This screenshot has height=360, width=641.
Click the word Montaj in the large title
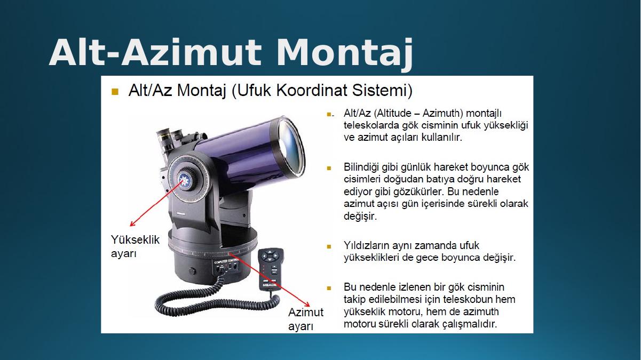(345, 53)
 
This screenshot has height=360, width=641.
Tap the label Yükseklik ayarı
(135, 246)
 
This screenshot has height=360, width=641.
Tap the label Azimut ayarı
(306, 319)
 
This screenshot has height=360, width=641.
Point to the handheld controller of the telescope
(271, 269)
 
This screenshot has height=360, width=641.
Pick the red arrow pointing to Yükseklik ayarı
(156, 204)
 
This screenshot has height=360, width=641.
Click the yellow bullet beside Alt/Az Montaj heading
(115, 92)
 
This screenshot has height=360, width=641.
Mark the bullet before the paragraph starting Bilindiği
(329, 168)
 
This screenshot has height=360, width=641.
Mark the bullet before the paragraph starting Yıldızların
(329, 246)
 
